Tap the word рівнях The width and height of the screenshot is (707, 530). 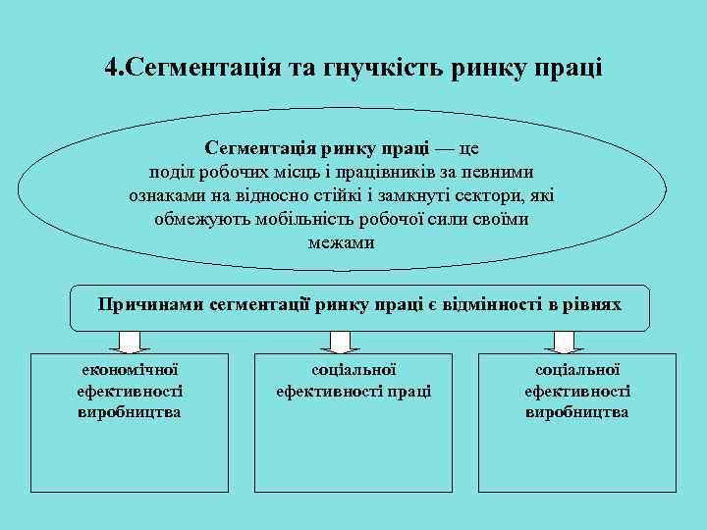pos(592,304)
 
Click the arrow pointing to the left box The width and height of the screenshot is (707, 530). pos(129,342)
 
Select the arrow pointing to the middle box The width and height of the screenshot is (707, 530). pos(340,342)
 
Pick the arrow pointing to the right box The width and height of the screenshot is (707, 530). pos(563,342)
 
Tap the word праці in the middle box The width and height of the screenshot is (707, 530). pos(411,392)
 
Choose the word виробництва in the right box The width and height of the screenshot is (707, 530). pos(577,412)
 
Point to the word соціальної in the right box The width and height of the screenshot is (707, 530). pos(577,371)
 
